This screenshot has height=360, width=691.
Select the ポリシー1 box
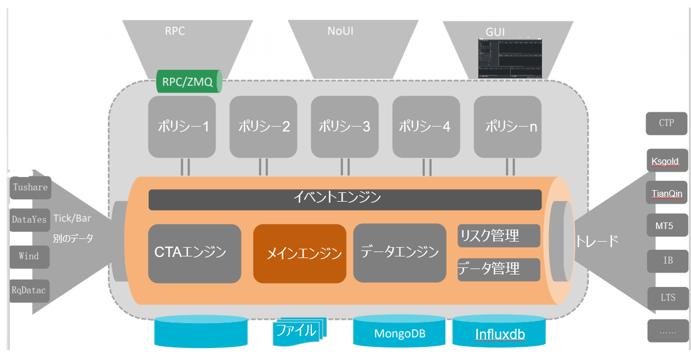click(x=182, y=127)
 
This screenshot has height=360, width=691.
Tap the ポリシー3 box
click(x=345, y=127)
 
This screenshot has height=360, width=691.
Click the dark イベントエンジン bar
click(x=345, y=199)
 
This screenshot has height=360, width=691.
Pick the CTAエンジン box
click(x=195, y=253)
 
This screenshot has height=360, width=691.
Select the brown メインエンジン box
click(x=300, y=253)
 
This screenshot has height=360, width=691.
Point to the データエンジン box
click(x=399, y=252)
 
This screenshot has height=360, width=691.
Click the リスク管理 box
click(x=498, y=236)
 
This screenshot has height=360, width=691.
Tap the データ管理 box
click(x=498, y=269)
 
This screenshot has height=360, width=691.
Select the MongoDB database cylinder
click(x=400, y=332)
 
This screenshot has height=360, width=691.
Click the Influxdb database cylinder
click(x=499, y=332)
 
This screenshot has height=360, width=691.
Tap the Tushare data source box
click(x=30, y=187)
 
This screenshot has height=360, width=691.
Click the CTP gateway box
click(x=666, y=123)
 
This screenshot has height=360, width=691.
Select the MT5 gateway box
click(x=666, y=225)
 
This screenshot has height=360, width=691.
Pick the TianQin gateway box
click(x=666, y=193)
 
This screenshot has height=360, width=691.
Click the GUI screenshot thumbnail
click(x=509, y=58)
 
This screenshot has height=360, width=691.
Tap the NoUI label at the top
click(x=340, y=31)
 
